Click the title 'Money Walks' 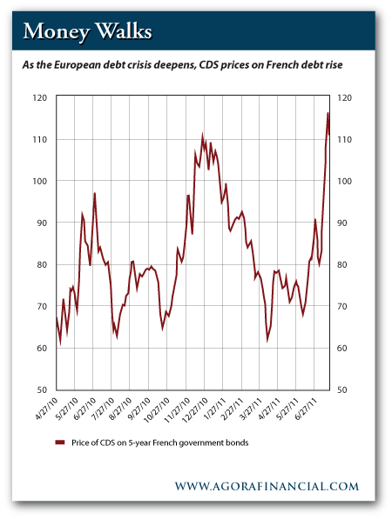tap(88, 32)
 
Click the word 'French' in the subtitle tap(282, 64)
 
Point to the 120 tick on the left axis tap(40, 98)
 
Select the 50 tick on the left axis tap(42, 389)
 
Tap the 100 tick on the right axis tap(345, 182)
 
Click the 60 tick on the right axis tap(342, 349)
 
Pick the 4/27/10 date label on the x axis tap(46, 409)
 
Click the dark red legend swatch tap(60, 442)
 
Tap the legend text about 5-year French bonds tap(160, 442)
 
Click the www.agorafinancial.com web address tap(267, 486)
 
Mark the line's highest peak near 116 tap(328, 113)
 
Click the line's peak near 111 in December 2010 tap(202, 136)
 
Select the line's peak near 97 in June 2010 tap(95, 193)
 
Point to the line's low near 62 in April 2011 tap(267, 341)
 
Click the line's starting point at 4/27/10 tap(57, 318)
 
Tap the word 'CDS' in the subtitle tap(208, 64)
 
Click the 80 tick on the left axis tap(42, 265)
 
